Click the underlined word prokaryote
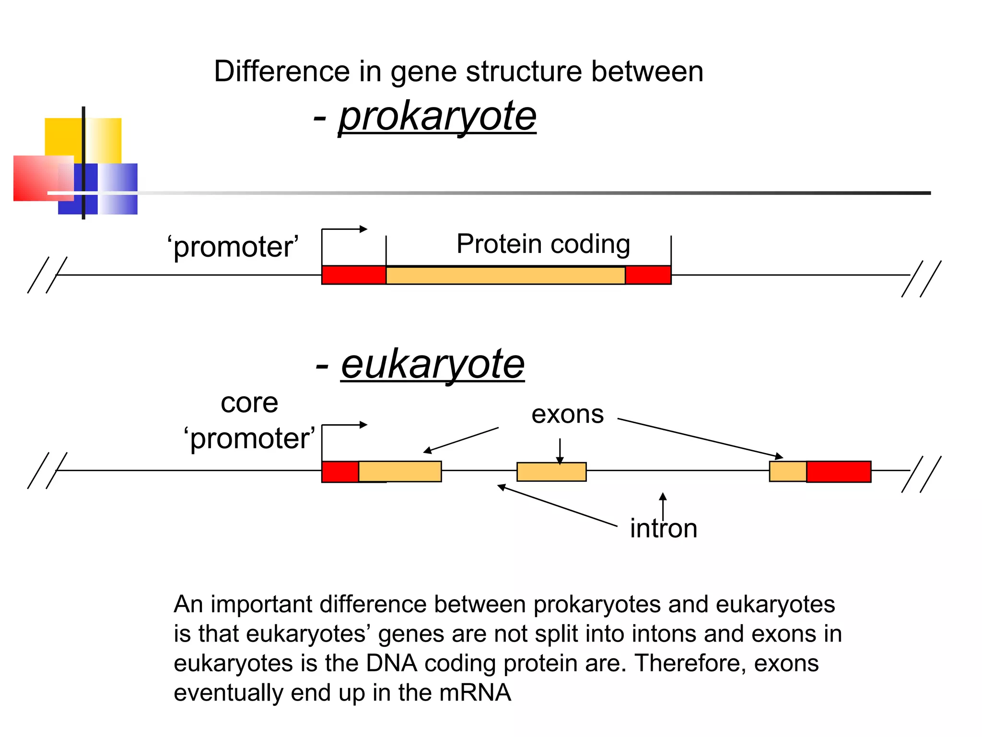(437, 117)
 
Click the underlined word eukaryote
(433, 365)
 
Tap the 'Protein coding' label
(543, 244)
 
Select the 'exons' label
(567, 415)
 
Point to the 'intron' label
(663, 529)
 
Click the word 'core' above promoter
(249, 403)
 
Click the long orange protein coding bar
(505, 275)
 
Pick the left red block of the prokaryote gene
(354, 275)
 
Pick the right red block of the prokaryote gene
(648, 275)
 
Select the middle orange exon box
(551, 472)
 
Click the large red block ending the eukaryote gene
(839, 471)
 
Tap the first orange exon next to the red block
(400, 471)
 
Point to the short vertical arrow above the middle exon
(560, 451)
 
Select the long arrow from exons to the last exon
(700, 438)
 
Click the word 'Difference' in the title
(281, 72)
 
